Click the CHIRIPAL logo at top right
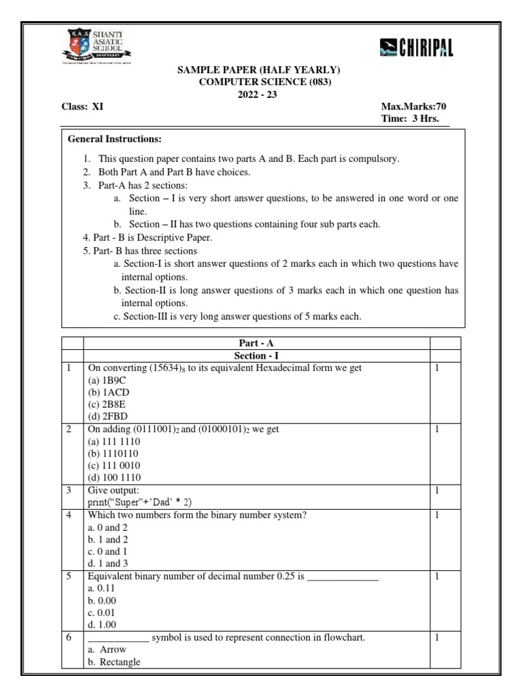tap(416, 48)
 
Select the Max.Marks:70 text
tap(415, 106)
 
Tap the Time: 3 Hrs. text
tap(411, 118)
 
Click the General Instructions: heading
tap(114, 140)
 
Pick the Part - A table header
tap(256, 344)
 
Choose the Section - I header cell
tap(256, 355)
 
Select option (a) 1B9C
tap(105, 380)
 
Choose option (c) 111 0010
tap(114, 465)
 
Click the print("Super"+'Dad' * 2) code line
tap(140, 502)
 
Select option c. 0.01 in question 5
tap(103, 613)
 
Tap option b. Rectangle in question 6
tap(114, 662)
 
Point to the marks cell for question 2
tap(438, 429)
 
